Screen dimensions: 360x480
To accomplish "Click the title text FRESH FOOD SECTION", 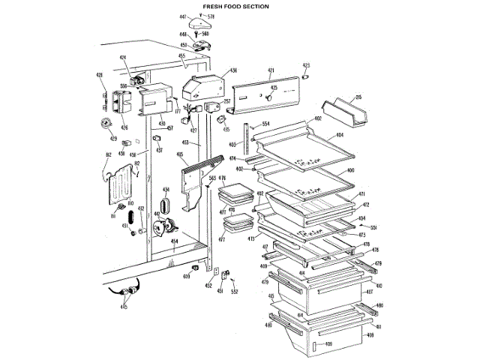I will (x=236, y=6).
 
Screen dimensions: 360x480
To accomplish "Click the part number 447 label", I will (x=183, y=16).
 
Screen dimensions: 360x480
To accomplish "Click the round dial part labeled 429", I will (x=106, y=124).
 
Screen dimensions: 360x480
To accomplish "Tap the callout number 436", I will (x=233, y=70).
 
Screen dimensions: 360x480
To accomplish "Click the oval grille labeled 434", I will (x=166, y=203).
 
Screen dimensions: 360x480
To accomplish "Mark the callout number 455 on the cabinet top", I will (x=181, y=55).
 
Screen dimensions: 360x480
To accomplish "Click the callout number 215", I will (x=358, y=97).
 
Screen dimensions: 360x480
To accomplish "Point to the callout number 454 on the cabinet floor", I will (x=174, y=241).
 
